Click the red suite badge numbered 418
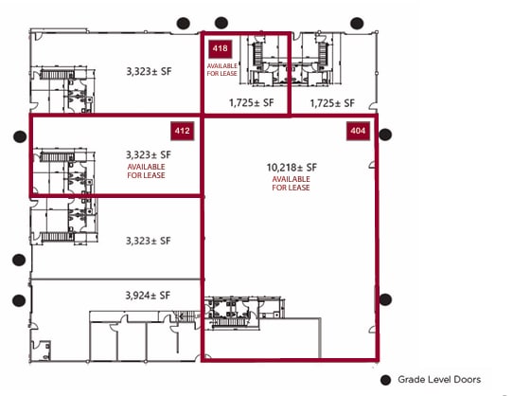221,49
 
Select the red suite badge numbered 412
183,131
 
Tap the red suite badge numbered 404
358,131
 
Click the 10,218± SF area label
292,168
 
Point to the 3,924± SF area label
148,296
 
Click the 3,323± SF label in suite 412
149,154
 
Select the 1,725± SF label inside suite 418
251,103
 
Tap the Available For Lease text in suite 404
291,184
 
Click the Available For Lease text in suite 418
221,70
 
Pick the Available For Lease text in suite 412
146,171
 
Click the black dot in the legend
386,380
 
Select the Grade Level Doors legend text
439,380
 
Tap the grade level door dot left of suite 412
20,136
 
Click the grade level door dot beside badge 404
385,135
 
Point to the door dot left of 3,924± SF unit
19,300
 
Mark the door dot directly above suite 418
221,23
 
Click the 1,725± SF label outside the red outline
332,103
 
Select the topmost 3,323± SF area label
149,71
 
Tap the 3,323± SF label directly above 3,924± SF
149,241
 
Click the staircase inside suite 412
57,157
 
